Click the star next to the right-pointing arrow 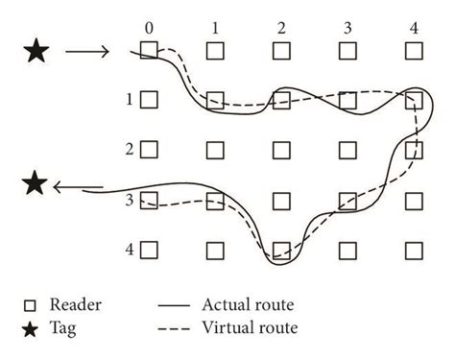click(x=36, y=52)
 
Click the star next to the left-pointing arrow click(x=36, y=181)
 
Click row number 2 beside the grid click(x=128, y=150)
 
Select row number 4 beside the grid click(x=128, y=249)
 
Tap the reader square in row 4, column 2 click(x=281, y=250)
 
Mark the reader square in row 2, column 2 click(x=281, y=150)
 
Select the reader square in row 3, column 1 click(x=215, y=200)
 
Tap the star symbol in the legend click(x=30, y=328)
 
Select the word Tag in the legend click(x=67, y=328)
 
